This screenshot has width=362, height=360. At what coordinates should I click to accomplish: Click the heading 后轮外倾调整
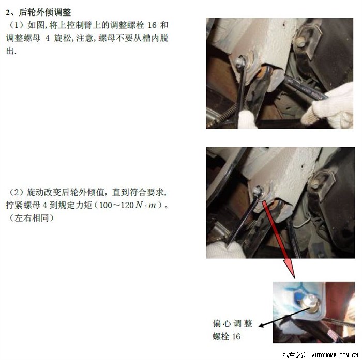click(45, 12)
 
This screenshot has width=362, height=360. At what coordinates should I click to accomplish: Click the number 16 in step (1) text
click(152, 25)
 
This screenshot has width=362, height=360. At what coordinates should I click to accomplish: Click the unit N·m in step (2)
click(145, 205)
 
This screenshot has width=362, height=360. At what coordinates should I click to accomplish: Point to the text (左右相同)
click(32, 218)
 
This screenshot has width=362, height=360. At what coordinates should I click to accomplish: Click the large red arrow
click(278, 239)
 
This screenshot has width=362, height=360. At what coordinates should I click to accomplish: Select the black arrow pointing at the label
click(284, 317)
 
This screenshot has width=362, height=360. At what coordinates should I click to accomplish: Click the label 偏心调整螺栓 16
click(232, 330)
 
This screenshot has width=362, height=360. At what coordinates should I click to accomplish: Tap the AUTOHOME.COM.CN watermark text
click(335, 355)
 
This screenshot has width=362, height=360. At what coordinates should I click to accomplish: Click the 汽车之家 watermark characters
click(295, 355)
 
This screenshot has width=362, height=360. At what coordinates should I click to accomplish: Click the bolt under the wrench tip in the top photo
click(242, 61)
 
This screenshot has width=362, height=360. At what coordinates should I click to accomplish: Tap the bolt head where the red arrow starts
click(258, 192)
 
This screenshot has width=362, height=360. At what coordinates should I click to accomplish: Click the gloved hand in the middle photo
click(225, 250)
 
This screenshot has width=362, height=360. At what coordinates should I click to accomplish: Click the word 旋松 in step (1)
click(63, 38)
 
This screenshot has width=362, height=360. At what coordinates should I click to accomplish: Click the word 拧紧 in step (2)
click(14, 205)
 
